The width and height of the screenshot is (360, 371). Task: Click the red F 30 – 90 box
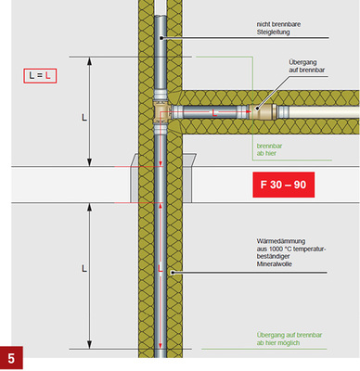[284, 185]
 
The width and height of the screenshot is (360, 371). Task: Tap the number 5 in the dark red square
[11, 358]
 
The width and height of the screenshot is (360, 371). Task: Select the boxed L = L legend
[40, 76]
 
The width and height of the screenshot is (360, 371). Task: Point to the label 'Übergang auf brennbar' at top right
[307, 66]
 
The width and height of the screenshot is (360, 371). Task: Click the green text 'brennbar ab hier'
[269, 149]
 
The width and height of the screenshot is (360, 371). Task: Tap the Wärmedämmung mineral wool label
[291, 252]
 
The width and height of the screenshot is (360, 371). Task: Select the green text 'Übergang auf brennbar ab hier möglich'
[289, 339]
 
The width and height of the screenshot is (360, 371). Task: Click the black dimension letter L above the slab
[84, 118]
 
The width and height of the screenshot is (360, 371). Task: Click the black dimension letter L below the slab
[84, 268]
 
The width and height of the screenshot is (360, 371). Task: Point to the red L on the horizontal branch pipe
[214, 113]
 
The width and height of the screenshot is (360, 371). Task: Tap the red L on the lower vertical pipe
[160, 268]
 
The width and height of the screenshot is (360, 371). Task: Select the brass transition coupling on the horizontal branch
[264, 111]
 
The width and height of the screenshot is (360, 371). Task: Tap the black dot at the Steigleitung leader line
[161, 38]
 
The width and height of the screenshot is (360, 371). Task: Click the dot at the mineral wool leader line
[173, 273]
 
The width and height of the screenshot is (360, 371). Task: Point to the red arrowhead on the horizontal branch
[249, 110]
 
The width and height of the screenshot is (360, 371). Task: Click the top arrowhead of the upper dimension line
[89, 61]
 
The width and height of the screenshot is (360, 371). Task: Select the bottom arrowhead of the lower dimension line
[89, 345]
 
